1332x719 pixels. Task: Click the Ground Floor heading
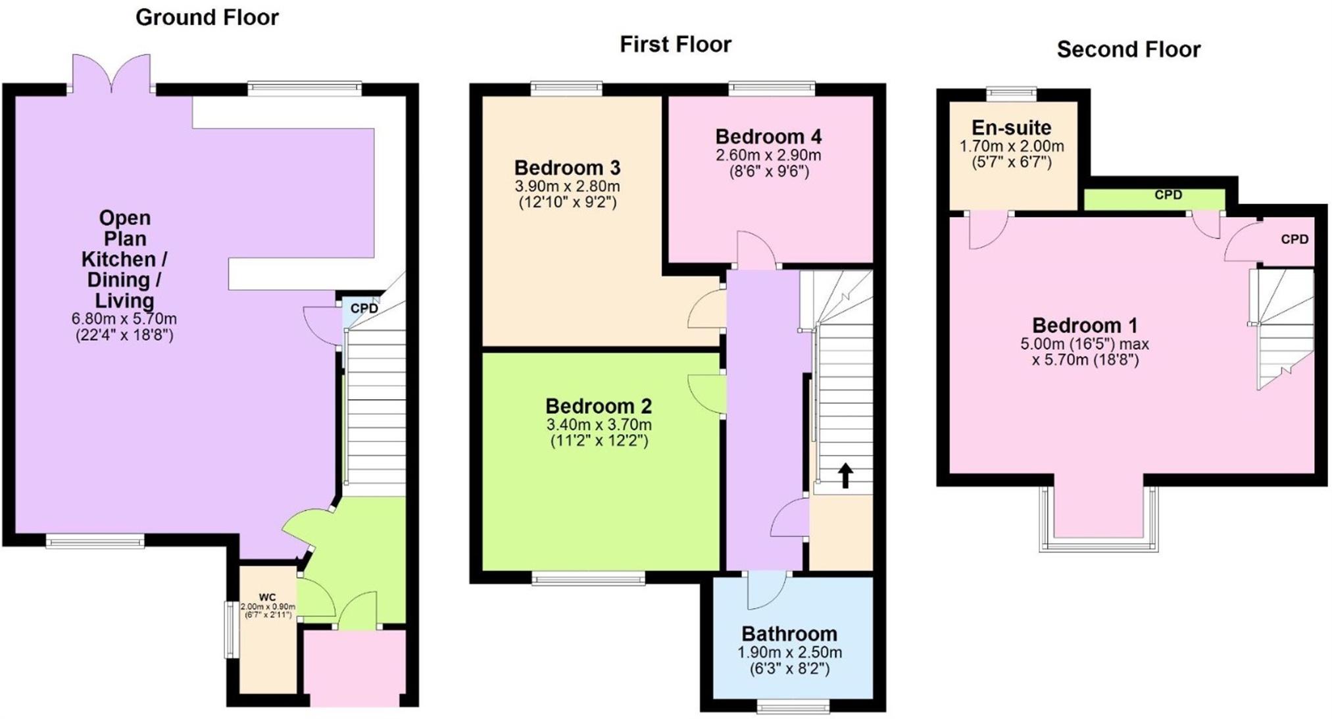coord(207,17)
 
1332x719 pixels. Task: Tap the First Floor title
coord(676,45)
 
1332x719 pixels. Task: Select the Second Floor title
coord(1129,49)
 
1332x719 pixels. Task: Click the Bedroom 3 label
coord(567,168)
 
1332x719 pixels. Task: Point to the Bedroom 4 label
coord(768,137)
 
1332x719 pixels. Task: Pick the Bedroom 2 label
coord(599,406)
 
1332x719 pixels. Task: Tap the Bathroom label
coord(789,633)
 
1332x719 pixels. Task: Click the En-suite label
coord(1012,127)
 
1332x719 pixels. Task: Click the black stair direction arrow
coord(845,476)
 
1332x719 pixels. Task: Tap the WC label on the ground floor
coord(267,597)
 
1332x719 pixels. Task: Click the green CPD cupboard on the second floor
coord(1154,199)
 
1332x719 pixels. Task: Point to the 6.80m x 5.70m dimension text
coord(124,319)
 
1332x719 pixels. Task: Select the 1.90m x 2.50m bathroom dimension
coord(789,653)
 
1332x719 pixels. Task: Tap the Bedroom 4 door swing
coord(756,250)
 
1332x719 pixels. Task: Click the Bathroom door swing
coord(767,591)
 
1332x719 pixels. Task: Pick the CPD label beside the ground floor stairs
coord(364,308)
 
